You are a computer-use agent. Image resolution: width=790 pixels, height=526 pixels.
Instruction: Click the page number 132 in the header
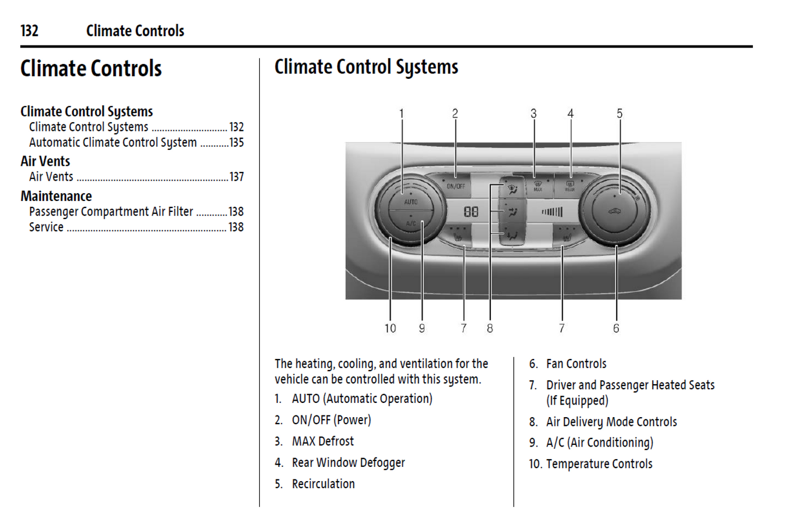tap(30, 31)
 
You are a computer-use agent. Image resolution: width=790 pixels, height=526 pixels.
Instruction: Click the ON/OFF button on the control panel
tap(455, 186)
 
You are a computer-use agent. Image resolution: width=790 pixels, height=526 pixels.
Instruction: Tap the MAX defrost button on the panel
tap(538, 186)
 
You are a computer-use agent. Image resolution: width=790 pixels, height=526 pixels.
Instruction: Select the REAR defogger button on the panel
tap(570, 186)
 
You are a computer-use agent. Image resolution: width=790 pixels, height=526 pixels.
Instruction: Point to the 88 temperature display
tap(471, 212)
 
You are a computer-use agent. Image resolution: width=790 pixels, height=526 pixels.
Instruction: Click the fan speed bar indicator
tap(552, 212)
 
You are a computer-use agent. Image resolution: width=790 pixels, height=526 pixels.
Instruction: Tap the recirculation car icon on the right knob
tap(615, 211)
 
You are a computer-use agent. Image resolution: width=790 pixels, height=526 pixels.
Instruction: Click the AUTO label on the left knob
tap(411, 202)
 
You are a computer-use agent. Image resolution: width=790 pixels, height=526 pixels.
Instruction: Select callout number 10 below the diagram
tap(390, 328)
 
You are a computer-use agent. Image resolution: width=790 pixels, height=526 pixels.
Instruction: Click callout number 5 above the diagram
tap(619, 113)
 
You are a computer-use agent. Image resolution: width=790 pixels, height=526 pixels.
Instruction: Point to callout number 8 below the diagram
tap(490, 328)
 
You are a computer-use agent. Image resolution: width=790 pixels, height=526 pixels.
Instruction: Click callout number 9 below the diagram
tap(422, 328)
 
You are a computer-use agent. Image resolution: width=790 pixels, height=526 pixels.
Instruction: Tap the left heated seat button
tap(458, 236)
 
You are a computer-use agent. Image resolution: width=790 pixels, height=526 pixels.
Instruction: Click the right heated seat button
tap(567, 236)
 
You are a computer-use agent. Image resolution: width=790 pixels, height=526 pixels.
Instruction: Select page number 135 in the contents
tap(237, 142)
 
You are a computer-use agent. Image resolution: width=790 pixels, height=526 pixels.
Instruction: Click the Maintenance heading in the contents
tap(56, 196)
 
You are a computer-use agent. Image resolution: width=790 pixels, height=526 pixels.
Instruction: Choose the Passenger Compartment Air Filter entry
tap(111, 212)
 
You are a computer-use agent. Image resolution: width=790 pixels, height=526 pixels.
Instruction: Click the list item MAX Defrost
tap(323, 441)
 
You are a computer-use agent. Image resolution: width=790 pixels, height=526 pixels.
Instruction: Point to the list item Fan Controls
tap(576, 364)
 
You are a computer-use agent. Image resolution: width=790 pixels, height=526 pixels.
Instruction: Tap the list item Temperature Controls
tap(599, 464)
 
